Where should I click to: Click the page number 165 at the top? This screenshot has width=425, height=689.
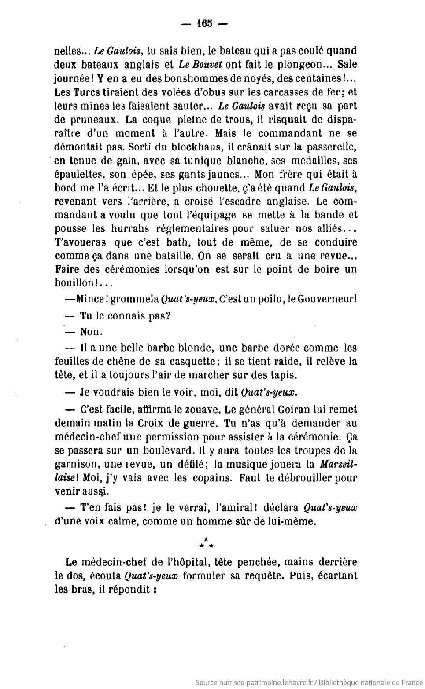204,24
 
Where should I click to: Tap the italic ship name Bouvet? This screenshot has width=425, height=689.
207,64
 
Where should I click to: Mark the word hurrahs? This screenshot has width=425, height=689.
134,229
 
